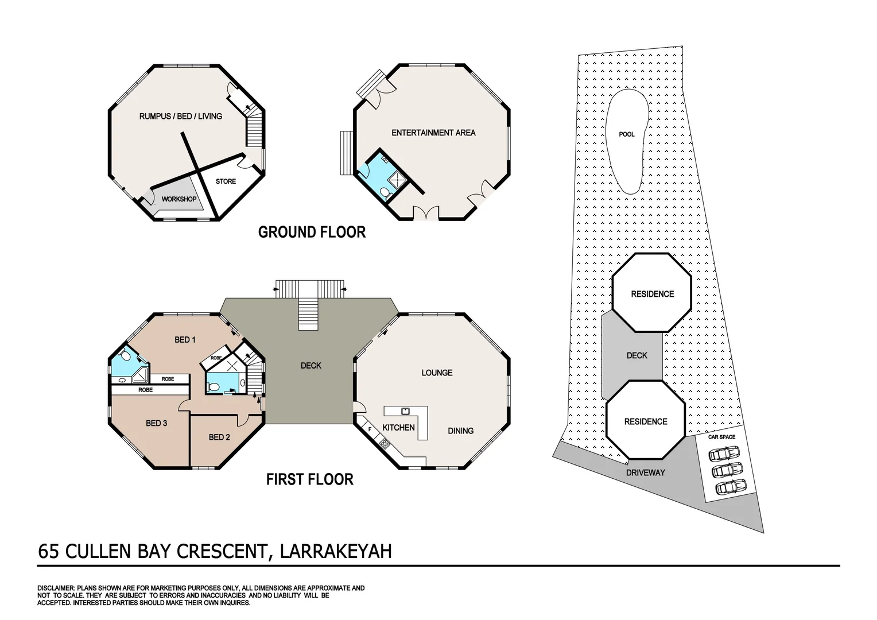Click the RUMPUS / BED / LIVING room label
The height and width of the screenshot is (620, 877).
(180, 117)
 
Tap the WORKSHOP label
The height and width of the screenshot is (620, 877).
(179, 199)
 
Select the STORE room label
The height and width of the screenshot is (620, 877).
(226, 181)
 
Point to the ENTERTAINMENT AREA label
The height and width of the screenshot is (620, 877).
(433, 133)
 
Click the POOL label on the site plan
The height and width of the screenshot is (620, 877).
(626, 134)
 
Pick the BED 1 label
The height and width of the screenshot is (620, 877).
(185, 340)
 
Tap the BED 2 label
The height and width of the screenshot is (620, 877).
(219, 437)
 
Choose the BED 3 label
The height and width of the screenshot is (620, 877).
(157, 423)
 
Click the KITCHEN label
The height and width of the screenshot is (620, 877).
(398, 427)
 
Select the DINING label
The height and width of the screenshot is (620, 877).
(461, 431)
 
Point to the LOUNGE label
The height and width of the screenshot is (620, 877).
(437, 373)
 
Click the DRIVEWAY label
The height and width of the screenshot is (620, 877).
(645, 472)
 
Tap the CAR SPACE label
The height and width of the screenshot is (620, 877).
(721, 437)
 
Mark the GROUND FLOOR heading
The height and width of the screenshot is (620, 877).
(312, 232)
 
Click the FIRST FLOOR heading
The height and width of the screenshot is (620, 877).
(310, 479)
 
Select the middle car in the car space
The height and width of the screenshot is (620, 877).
(727, 470)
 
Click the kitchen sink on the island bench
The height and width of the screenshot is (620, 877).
(405, 411)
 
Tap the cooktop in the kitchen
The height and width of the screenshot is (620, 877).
(385, 444)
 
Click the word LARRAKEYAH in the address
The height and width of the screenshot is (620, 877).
(336, 552)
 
